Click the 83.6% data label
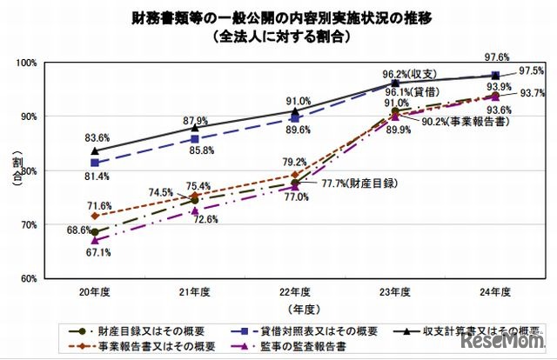96,137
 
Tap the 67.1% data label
96,253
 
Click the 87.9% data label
196,120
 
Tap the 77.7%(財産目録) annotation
348,184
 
